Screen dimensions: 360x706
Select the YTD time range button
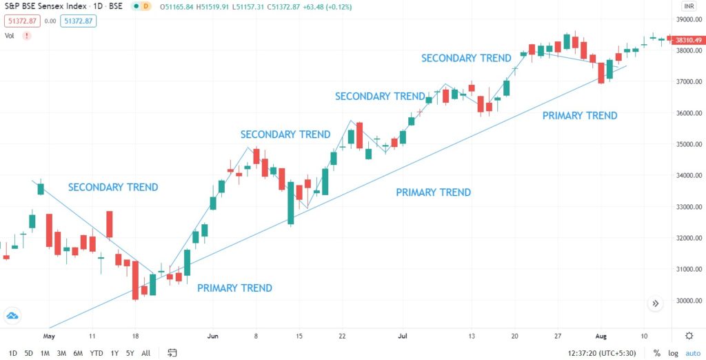coord(97,353)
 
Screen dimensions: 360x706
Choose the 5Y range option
coord(130,353)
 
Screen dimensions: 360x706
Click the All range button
coord(145,353)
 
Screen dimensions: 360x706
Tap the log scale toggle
coord(672,353)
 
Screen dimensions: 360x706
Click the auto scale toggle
coord(692,353)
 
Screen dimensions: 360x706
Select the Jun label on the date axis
coord(212,336)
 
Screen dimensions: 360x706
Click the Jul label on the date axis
coord(401,336)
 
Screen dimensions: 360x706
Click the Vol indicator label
coord(10,35)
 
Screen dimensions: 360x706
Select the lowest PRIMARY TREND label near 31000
coord(234,288)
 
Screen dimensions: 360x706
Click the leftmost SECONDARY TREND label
coord(113,187)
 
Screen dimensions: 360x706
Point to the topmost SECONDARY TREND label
coord(466,58)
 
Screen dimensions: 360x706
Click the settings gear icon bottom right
coord(689,336)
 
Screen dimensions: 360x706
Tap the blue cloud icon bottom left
coord(12,317)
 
